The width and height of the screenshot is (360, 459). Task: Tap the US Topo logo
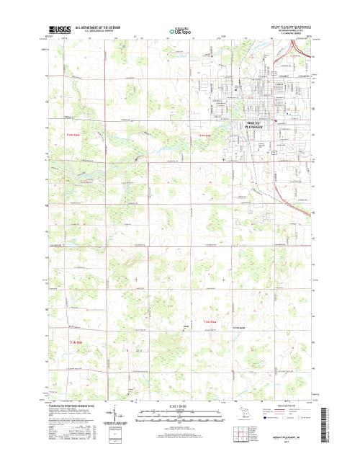coord(179,31)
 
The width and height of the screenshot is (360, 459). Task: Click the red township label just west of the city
coord(204,135)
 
